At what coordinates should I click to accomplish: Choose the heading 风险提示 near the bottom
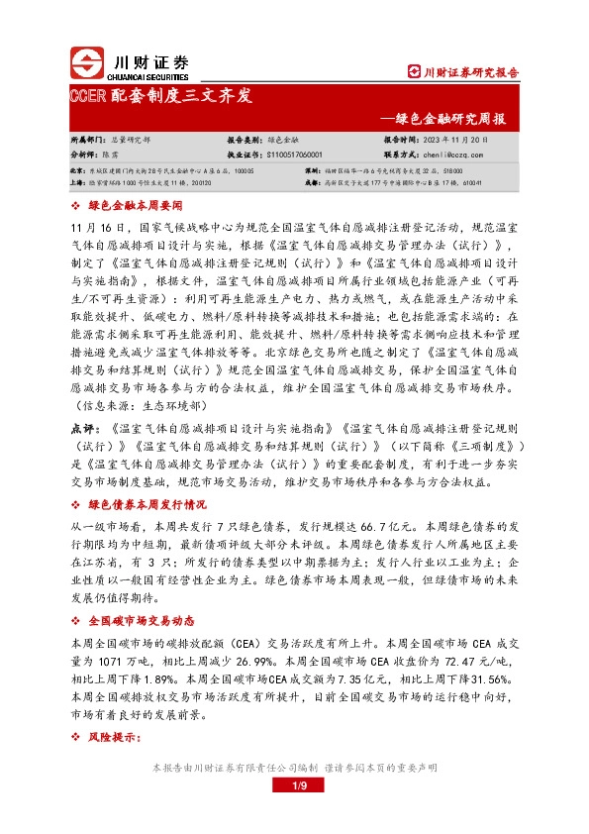pos(115,738)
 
